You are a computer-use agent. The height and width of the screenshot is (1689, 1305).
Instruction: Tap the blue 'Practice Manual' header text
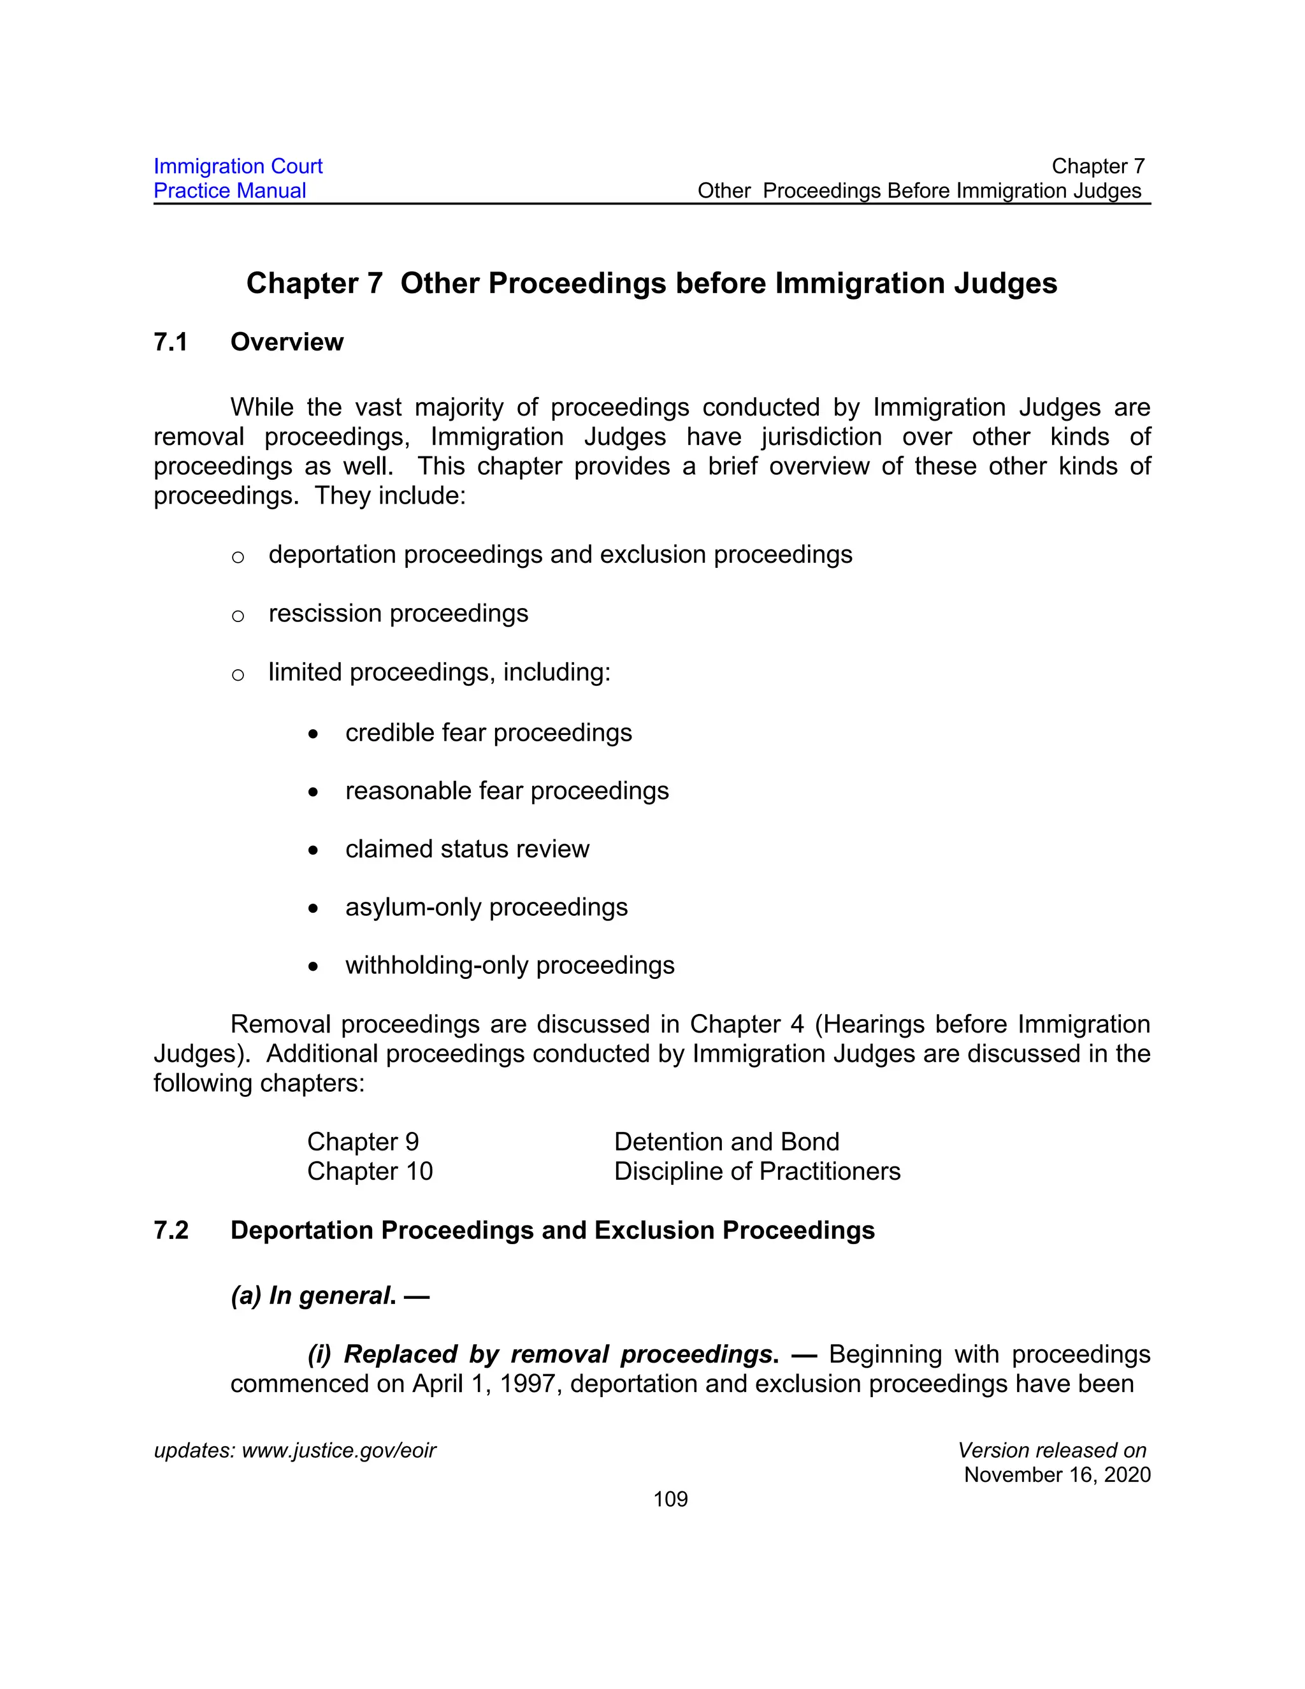(x=229, y=191)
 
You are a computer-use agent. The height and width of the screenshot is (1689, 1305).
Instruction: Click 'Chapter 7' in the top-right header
(x=1097, y=166)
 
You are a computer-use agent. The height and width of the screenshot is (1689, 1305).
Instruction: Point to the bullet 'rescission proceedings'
(x=398, y=613)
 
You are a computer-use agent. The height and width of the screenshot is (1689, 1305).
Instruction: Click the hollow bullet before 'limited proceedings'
(x=238, y=674)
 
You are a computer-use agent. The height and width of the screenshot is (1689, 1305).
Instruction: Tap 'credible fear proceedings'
(x=489, y=732)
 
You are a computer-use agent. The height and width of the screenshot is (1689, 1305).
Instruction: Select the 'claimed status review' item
(x=467, y=849)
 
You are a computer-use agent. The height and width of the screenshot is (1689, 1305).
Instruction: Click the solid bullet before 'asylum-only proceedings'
(x=312, y=909)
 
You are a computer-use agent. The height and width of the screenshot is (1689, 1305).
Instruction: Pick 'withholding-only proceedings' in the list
(x=510, y=965)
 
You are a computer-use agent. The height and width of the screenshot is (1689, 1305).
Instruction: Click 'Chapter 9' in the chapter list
(x=363, y=1142)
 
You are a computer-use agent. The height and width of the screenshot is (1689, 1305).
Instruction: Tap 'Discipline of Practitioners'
(x=757, y=1171)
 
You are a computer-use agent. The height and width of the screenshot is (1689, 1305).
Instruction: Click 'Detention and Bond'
(x=726, y=1142)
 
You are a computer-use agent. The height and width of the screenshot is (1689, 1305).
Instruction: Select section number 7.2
(x=171, y=1230)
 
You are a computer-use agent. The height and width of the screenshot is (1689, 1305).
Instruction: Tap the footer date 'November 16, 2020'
(x=1057, y=1475)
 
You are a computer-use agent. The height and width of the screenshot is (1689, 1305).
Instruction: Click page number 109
(x=670, y=1500)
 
